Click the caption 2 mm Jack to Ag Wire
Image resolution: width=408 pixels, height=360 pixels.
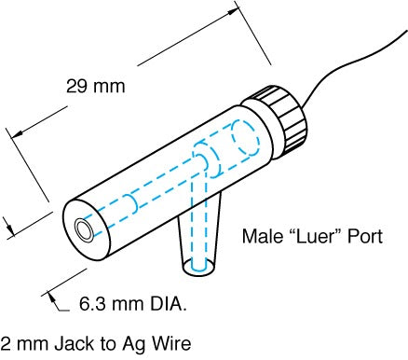[96, 342]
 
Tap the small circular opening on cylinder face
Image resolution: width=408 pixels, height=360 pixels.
[86, 228]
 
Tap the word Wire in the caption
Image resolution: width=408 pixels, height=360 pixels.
[171, 342]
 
